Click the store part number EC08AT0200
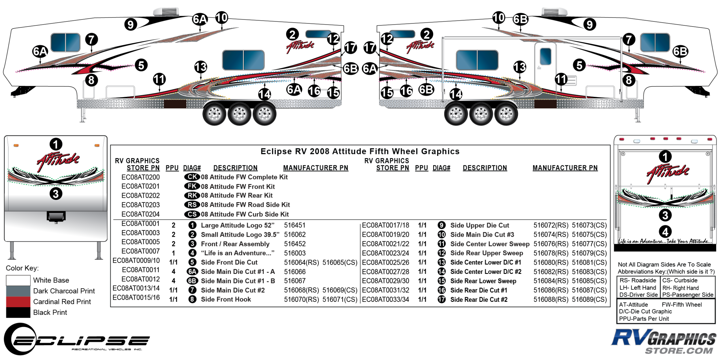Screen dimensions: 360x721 tap(140, 177)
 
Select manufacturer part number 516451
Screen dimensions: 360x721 tap(294, 225)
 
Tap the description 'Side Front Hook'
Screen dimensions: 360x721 tap(226, 300)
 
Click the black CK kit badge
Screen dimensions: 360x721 tap(192, 177)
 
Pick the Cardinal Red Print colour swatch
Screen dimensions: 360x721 tap(18, 302)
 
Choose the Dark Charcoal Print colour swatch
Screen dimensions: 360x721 tap(18, 291)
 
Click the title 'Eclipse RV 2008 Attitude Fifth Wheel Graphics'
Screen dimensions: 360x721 tap(360, 151)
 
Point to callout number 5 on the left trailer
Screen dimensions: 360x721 tap(141, 65)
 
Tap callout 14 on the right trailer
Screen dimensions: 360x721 tap(456, 94)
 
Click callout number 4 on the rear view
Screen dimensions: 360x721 tap(665, 232)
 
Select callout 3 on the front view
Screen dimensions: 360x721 tap(56, 194)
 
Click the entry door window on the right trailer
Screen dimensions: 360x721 tap(545, 56)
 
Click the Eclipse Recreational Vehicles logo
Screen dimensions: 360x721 tap(76, 340)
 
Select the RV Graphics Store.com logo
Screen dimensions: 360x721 tap(663, 341)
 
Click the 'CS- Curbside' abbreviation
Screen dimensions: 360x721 tap(679, 281)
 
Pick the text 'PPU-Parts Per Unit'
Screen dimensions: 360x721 tap(644, 319)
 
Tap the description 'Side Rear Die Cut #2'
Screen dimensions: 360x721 tap(479, 300)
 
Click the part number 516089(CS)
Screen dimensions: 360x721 tap(589, 300)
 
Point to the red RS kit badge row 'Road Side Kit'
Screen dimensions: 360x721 tap(245, 205)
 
